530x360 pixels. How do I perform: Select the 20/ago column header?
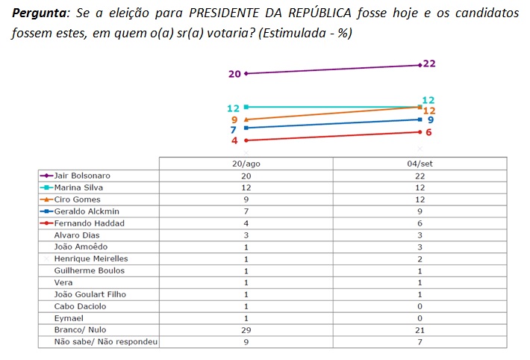tap(246, 163)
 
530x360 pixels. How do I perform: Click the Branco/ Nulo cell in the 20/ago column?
tap(246, 330)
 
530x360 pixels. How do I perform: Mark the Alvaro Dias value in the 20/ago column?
tap(246, 235)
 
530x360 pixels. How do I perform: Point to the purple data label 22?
tap(429, 63)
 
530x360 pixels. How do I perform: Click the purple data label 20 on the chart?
tap(234, 74)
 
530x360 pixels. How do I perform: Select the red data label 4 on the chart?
tap(234, 140)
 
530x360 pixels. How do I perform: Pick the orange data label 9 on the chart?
tap(234, 120)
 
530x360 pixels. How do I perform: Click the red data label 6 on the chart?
tap(429, 132)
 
